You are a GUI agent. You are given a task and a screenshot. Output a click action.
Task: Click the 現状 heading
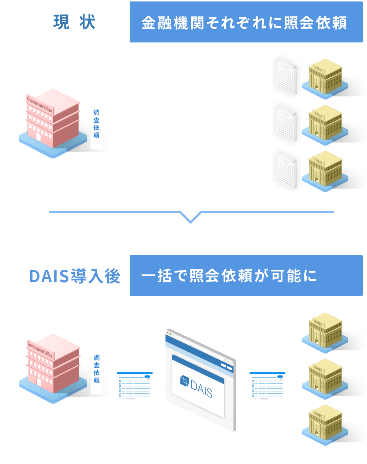74,22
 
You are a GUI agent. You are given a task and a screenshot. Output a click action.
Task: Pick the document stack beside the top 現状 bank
287,76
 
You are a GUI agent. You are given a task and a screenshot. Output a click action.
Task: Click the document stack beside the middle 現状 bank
287,123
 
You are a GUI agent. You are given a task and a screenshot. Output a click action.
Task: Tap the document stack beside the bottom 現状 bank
287,170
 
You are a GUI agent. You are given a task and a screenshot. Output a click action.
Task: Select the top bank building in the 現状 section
325,78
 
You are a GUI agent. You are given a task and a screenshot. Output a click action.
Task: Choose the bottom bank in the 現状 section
325,171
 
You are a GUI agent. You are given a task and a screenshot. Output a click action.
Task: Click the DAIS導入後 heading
75,276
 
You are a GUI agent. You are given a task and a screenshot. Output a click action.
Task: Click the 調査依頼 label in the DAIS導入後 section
97,369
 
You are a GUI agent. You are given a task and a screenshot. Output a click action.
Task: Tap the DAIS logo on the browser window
196,386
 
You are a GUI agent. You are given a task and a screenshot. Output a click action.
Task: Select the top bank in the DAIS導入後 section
325,332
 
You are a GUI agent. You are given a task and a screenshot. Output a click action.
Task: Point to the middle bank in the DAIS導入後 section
325,378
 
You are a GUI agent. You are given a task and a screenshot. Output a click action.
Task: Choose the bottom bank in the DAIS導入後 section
325,424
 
